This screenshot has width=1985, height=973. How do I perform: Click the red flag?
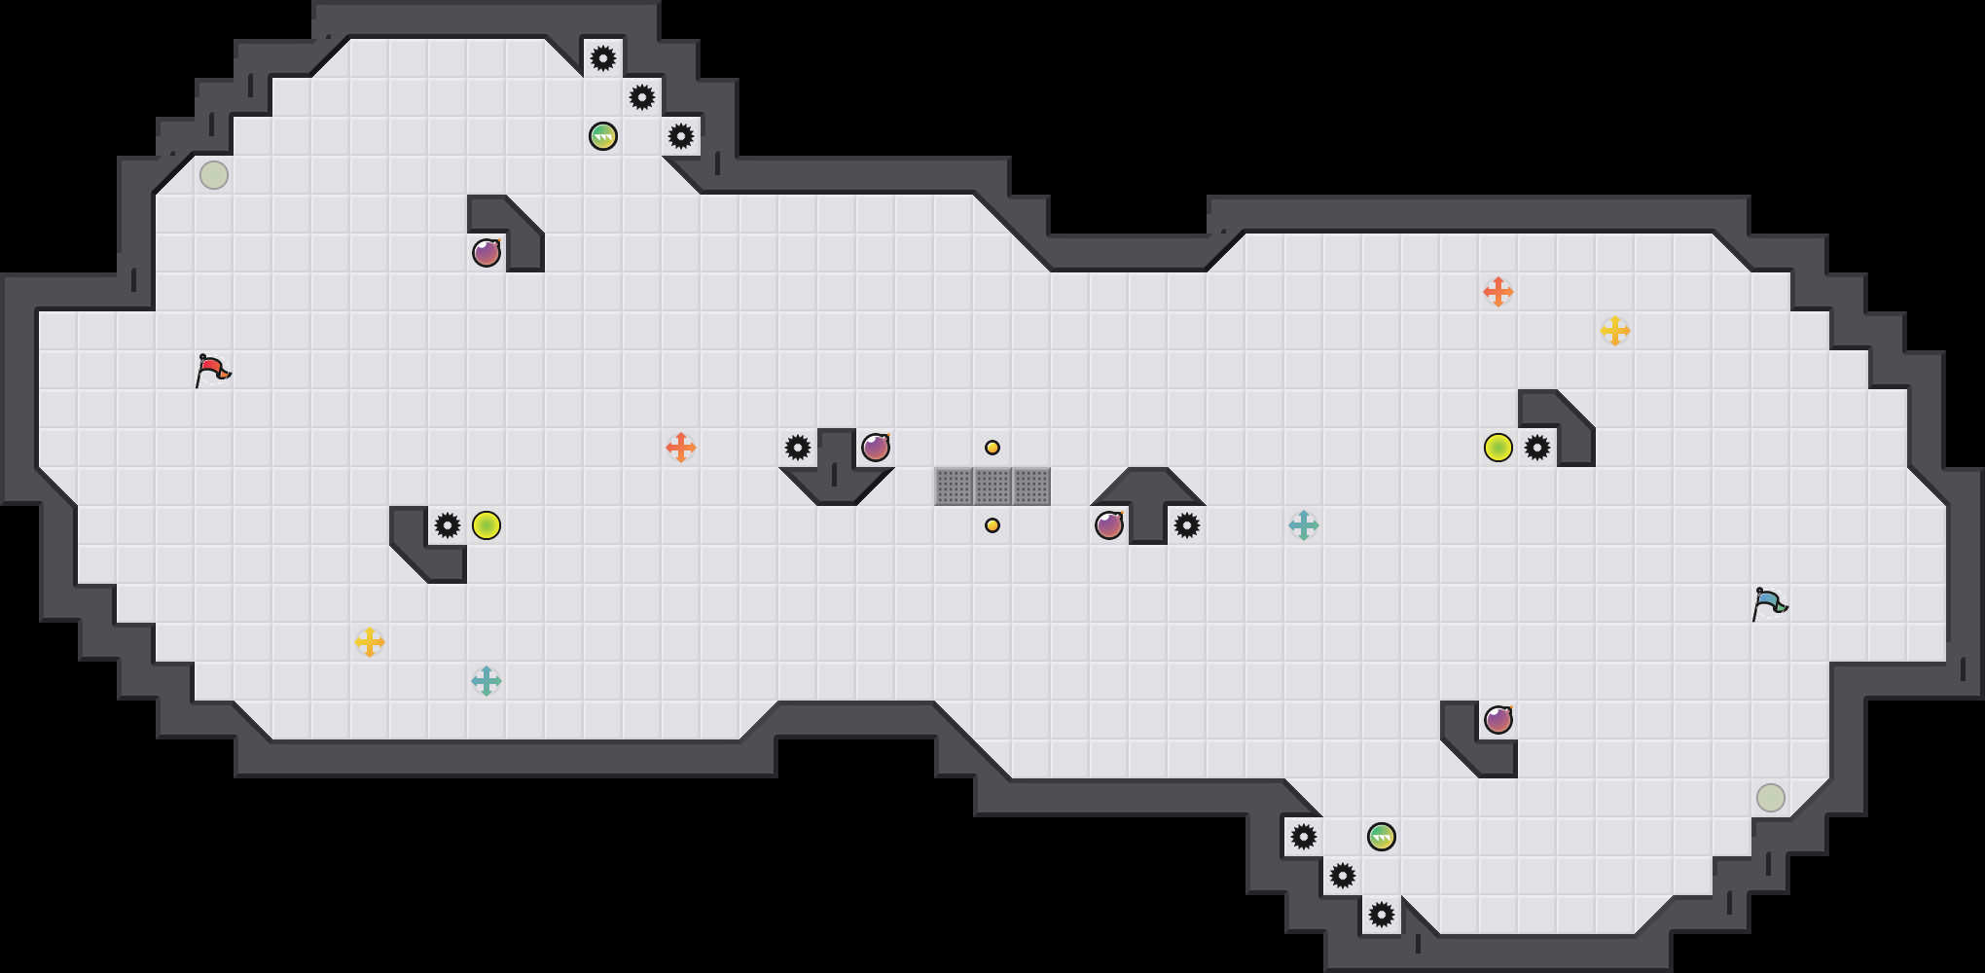pyautogui.click(x=212, y=370)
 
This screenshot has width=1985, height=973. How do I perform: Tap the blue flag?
pyautogui.click(x=1769, y=603)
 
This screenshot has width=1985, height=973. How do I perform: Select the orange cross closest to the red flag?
pyautogui.click(x=681, y=448)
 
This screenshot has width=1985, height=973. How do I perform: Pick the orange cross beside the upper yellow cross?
pyautogui.click(x=1498, y=292)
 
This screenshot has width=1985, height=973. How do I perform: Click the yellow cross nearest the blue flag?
pyautogui.click(x=1615, y=331)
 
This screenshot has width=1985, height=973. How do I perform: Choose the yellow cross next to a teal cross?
pyautogui.click(x=370, y=642)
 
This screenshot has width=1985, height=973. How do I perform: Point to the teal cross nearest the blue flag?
pyautogui.click(x=1304, y=525)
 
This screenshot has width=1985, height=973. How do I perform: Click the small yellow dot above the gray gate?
pyautogui.click(x=992, y=448)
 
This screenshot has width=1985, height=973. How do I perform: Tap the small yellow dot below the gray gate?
pyautogui.click(x=992, y=525)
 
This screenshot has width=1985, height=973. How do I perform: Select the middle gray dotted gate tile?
pyautogui.click(x=992, y=486)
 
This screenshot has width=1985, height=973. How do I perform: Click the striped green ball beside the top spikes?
pyautogui.click(x=603, y=136)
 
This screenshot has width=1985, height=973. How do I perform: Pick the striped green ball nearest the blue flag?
pyautogui.click(x=1382, y=837)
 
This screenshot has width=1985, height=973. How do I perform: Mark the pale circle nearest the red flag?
pyautogui.click(x=214, y=175)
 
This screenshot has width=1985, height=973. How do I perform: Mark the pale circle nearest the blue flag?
pyautogui.click(x=1771, y=798)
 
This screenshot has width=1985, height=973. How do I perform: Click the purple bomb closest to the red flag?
pyautogui.click(x=487, y=253)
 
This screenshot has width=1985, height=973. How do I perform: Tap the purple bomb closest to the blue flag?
pyautogui.click(x=1498, y=720)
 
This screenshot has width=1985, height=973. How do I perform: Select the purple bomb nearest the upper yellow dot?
pyautogui.click(x=876, y=448)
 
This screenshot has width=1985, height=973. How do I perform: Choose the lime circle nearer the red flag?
pyautogui.click(x=487, y=525)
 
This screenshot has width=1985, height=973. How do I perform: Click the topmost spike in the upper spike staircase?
pyautogui.click(x=603, y=58)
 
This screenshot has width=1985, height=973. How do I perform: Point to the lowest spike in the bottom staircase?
pyautogui.click(x=1382, y=915)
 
